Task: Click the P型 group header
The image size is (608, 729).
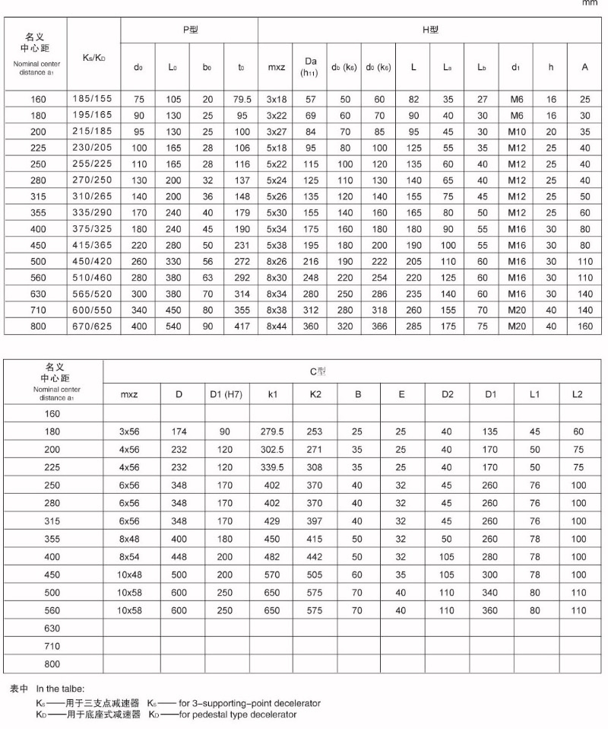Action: click(x=189, y=30)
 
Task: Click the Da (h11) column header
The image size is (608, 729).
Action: click(x=310, y=66)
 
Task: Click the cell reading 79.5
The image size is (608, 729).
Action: click(x=242, y=100)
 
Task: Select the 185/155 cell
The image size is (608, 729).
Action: click(x=93, y=100)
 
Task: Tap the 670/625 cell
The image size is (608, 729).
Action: click(x=93, y=326)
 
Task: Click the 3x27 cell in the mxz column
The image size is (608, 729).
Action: click(x=276, y=130)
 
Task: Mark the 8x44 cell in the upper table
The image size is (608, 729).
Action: click(x=276, y=326)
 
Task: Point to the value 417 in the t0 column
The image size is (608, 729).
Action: click(x=242, y=326)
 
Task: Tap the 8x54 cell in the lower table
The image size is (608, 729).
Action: click(x=130, y=557)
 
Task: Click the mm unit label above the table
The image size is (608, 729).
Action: click(x=590, y=4)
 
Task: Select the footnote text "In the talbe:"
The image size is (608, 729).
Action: click(x=61, y=689)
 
